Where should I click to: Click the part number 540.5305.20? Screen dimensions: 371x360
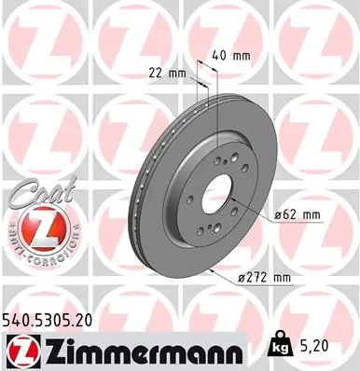tap(52, 319)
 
